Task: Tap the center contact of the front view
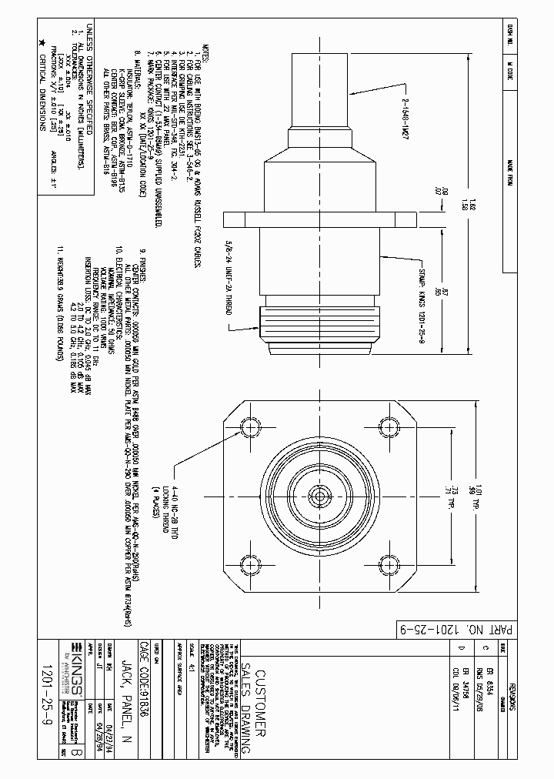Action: [x=315, y=496]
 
